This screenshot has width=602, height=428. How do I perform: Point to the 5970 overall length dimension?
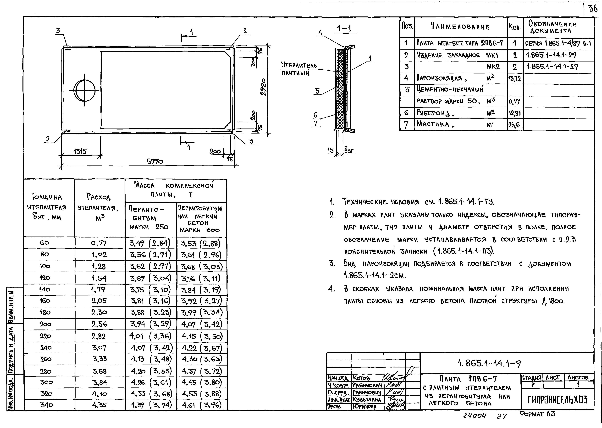[x=155, y=161]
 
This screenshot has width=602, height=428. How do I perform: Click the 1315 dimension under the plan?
[x=80, y=152]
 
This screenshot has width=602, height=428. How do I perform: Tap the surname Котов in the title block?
[x=362, y=378]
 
